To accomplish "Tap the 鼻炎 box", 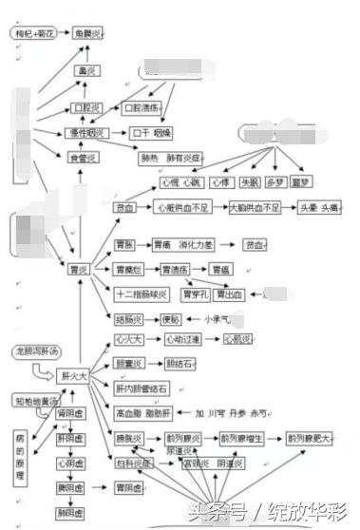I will pos(87,71).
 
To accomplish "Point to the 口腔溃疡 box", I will pos(142,109).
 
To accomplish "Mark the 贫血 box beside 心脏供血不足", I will pos(124,207).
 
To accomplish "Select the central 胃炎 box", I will pos(78,270).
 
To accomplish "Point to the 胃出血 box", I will pos(231,294).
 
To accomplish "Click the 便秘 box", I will pos(170,319).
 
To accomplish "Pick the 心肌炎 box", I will pos(237,339).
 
